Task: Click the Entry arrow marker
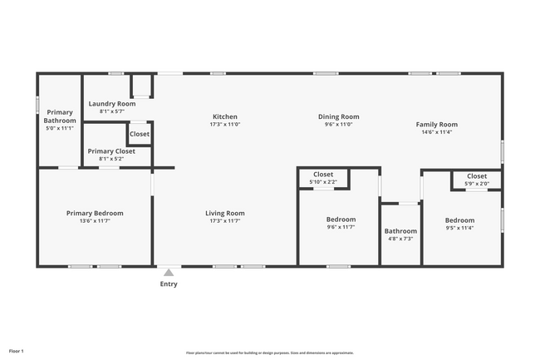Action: (x=169, y=272)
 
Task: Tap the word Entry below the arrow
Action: (x=169, y=284)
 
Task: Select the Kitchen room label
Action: (x=225, y=117)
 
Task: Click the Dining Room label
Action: (x=338, y=117)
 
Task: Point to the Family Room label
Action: (x=437, y=125)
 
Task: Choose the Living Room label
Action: (x=225, y=214)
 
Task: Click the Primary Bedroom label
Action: (x=95, y=214)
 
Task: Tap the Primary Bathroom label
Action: (x=60, y=116)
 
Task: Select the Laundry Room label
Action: (x=112, y=104)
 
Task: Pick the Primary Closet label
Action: (x=111, y=151)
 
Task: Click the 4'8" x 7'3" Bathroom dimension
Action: (x=400, y=239)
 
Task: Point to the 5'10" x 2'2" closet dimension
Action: (x=323, y=181)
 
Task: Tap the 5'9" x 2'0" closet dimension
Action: (x=477, y=184)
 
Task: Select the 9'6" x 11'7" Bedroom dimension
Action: (x=341, y=226)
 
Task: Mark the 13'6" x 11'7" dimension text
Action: (x=95, y=221)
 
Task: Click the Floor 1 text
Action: (x=17, y=351)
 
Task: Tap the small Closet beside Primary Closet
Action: (x=140, y=134)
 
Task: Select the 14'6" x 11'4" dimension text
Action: (x=437, y=131)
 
